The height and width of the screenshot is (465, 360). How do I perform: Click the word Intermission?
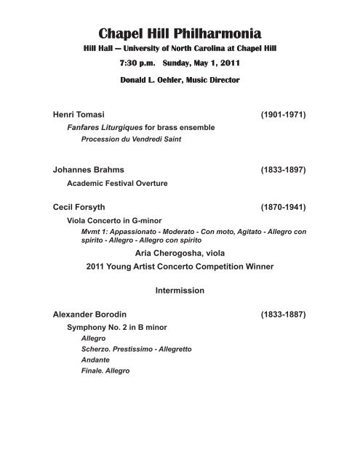point(180,291)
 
